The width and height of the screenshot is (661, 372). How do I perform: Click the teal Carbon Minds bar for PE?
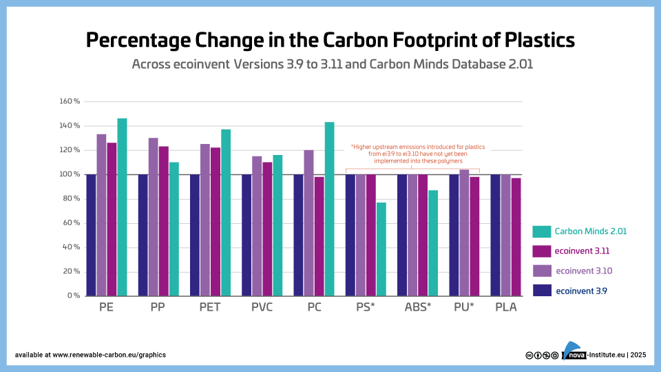(x=122, y=207)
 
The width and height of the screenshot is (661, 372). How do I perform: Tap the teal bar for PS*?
(x=381, y=249)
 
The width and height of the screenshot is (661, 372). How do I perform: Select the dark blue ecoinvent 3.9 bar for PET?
(x=195, y=235)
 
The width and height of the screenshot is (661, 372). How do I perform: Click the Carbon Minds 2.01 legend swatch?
(x=541, y=231)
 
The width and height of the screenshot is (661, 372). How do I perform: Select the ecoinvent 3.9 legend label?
(x=581, y=291)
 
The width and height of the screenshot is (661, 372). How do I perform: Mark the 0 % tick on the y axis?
(x=73, y=296)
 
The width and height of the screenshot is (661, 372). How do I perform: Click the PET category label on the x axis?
(x=209, y=307)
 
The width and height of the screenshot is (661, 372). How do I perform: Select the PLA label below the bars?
(x=505, y=307)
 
